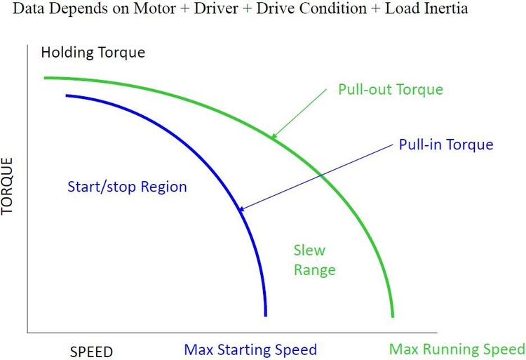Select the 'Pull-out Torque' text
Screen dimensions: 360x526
[390, 90]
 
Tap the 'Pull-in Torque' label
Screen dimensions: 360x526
[446, 145]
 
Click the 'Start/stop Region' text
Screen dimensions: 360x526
[128, 187]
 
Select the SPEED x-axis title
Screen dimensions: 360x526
[90, 350]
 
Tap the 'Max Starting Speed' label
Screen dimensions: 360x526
[250, 349]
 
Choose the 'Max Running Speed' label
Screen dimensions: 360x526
[457, 349]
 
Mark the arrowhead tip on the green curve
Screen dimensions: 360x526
[272, 137]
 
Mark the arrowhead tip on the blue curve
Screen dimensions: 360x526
[238, 210]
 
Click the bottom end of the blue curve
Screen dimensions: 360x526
[266, 316]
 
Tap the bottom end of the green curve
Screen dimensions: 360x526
[392, 316]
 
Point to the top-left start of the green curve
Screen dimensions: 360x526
[45, 77]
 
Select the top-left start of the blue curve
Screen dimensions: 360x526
[67, 95]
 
